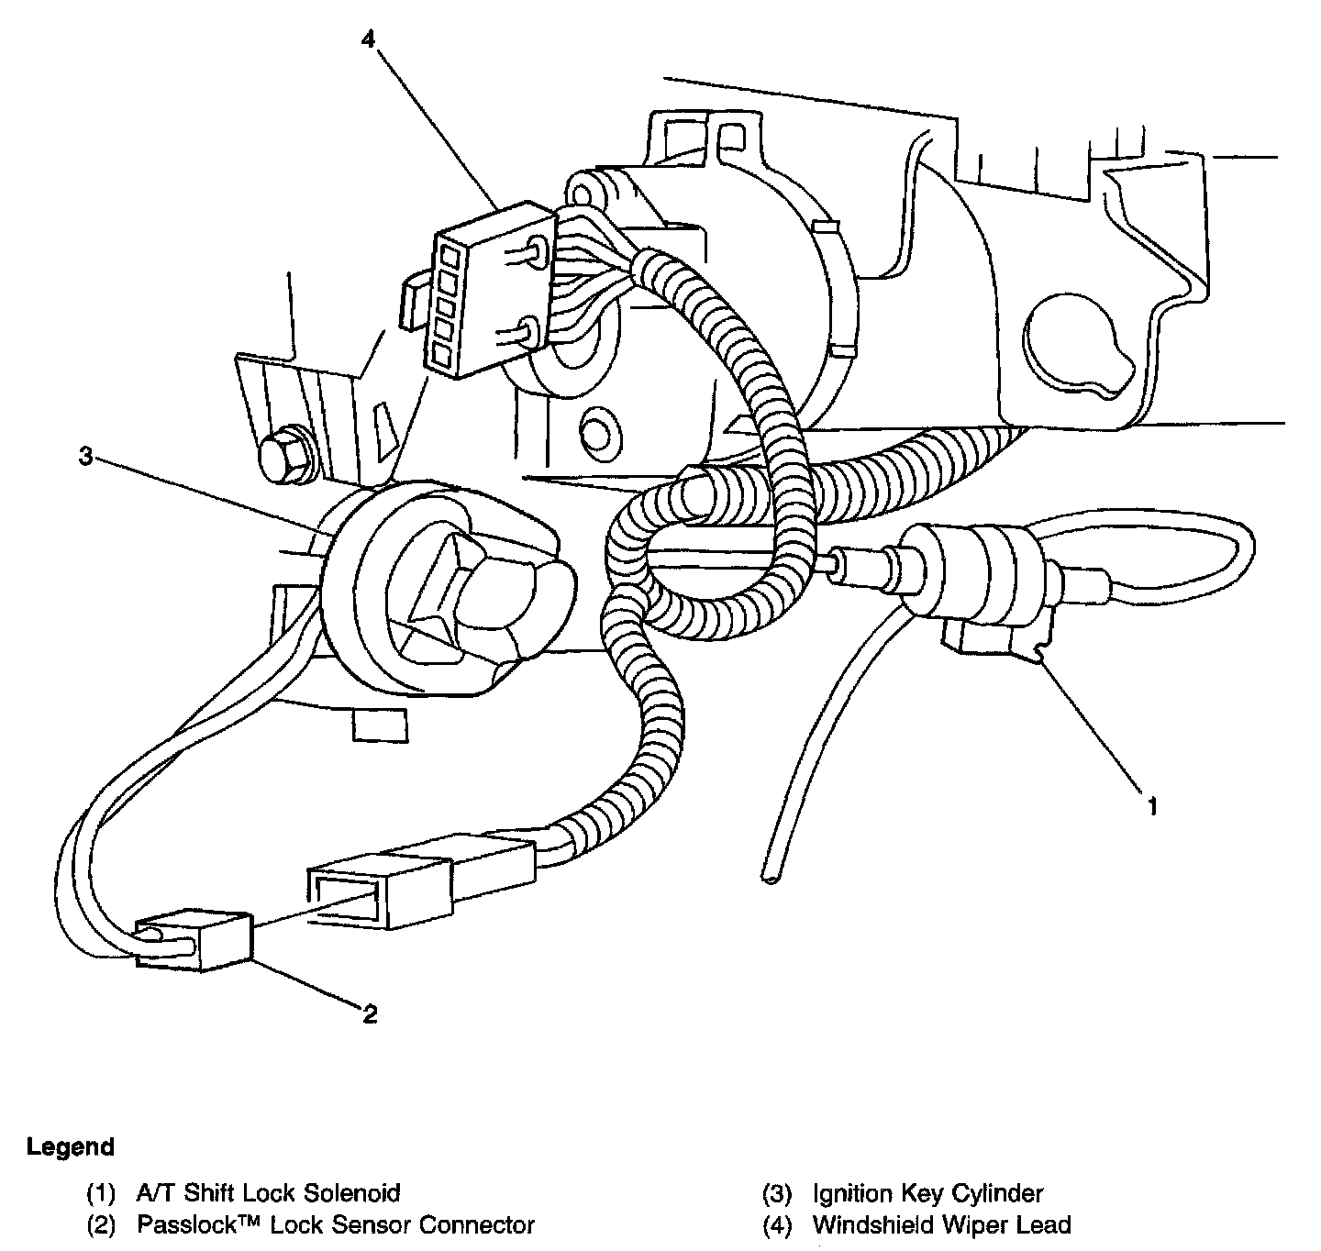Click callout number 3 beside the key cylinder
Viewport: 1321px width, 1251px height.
84,457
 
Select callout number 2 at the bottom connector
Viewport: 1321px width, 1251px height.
369,1013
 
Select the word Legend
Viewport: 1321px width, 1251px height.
71,1146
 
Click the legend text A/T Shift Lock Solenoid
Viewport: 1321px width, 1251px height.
268,1193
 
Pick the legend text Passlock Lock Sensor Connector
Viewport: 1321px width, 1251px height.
336,1224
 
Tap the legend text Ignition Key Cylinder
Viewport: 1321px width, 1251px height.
927,1193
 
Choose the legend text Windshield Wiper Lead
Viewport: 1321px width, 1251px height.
941,1224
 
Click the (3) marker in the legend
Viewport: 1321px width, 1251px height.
778,1193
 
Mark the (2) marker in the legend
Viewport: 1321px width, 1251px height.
101,1224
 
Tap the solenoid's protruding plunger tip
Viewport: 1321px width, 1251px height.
837,560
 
